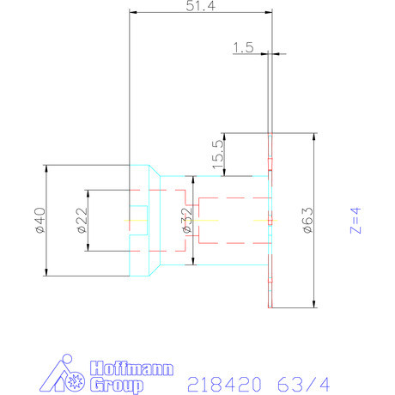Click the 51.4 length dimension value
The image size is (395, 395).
pos(200,6)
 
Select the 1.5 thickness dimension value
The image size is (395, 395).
pos(243,48)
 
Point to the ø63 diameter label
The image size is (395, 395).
pos(307,220)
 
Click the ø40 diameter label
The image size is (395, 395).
pos(38,220)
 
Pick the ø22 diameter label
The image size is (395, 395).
pos(81,220)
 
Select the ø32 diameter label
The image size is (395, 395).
pos(185,220)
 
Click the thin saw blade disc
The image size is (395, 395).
pos(271,220)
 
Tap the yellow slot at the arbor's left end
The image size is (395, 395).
pos(137,221)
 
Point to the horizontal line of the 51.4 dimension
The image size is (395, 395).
pos(200,12)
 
